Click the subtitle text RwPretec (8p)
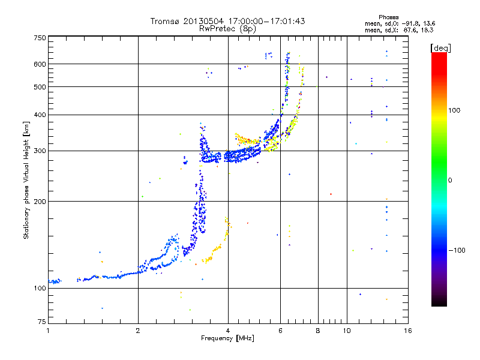pos(227,29)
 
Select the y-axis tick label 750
pos(40,38)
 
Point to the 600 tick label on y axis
pos(40,64)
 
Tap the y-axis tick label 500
pos(40,87)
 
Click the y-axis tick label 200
pos(40,202)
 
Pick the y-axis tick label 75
pos(42,322)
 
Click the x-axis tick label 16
pos(408,331)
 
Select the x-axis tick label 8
pos(318,331)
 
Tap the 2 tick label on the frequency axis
pos(138,331)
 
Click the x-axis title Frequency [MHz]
pos(227,338)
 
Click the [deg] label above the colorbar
pos(440,49)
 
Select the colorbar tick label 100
pos(454,110)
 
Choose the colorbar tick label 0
pos(450,180)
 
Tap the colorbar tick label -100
pos(457,250)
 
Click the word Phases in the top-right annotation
pos(388,17)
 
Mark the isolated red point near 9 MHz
pos(331,194)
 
